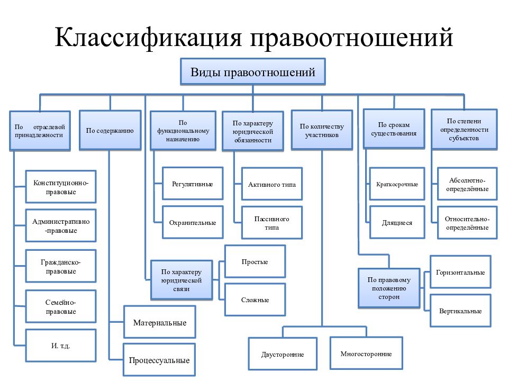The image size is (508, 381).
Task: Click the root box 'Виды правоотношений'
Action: point(253,71)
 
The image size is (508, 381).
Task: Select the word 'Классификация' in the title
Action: point(148,37)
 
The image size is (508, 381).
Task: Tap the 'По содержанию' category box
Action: point(110,130)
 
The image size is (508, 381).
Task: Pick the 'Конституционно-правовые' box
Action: point(61,187)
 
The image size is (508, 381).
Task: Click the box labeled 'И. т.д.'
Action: point(61,346)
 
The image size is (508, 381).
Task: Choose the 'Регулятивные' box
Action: point(193,184)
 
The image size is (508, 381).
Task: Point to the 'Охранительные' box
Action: point(193,222)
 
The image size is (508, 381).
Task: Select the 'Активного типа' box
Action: point(272,184)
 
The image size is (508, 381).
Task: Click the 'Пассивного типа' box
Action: point(272,223)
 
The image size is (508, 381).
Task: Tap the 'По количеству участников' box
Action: point(322,130)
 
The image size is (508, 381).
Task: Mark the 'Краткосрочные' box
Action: point(397,184)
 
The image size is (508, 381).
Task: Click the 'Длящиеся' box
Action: point(397,223)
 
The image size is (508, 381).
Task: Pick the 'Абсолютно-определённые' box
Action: point(467,184)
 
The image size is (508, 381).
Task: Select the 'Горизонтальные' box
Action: point(460,272)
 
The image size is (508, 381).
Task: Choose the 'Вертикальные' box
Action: point(460,311)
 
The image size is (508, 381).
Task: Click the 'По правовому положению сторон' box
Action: point(389,288)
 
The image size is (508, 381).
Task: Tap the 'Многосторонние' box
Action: point(366,353)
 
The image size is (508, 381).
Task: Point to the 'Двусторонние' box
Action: point(283,354)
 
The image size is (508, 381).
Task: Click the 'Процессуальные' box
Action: point(159,360)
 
